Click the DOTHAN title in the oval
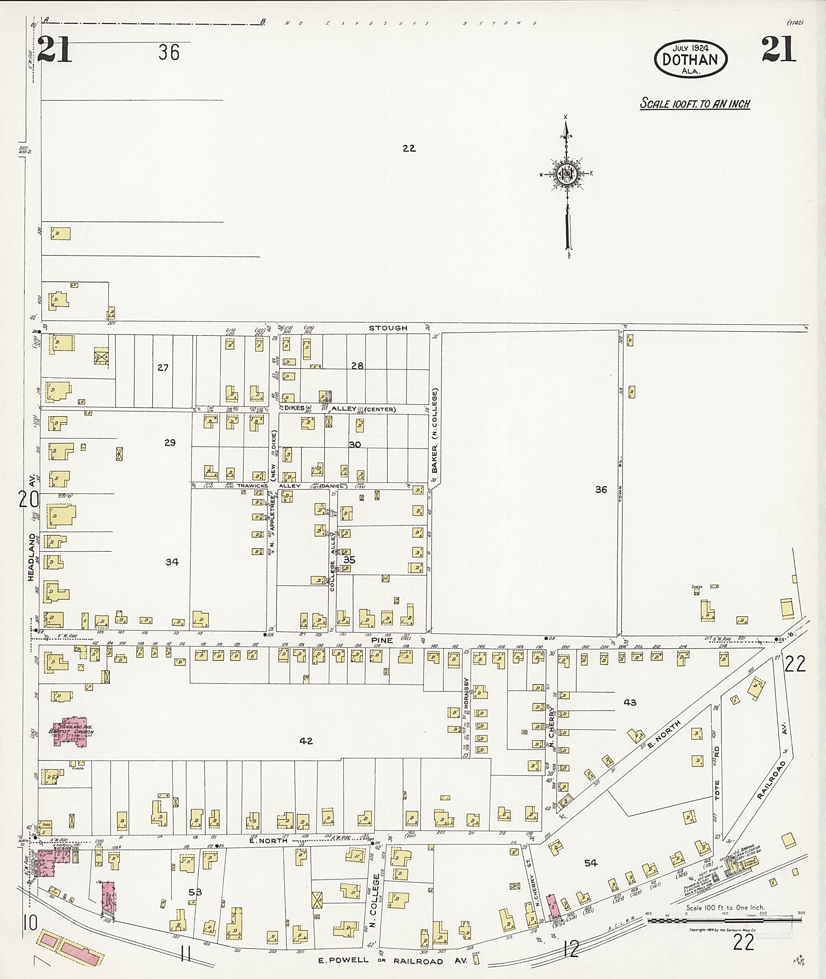click(x=690, y=59)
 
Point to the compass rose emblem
click(x=567, y=174)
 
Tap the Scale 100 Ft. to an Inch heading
click(x=695, y=104)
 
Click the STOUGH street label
click(x=388, y=328)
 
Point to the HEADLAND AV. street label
click(x=31, y=529)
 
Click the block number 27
click(x=163, y=368)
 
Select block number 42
click(x=306, y=741)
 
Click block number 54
click(x=590, y=863)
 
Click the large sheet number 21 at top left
click(x=55, y=50)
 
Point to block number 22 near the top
click(x=409, y=148)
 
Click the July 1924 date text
click(x=690, y=48)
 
